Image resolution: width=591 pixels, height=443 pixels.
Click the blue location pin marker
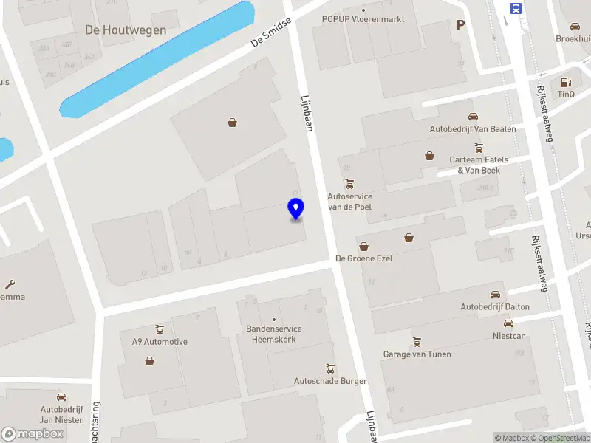pos(295,209)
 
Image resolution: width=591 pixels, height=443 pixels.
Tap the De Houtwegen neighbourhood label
pos(126,30)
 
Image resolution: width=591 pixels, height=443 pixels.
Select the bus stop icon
pos(516,8)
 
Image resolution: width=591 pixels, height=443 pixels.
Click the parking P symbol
pos(461,24)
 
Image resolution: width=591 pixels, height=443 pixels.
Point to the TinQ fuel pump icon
pos(567,82)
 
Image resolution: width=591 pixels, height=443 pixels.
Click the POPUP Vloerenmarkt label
pos(363,18)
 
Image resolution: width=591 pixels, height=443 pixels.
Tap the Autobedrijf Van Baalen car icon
pos(473,117)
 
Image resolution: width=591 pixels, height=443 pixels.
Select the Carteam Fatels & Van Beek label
pos(479,165)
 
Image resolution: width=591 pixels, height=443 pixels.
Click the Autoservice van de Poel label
pos(349,202)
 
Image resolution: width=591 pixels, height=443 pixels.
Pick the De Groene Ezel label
pos(363,258)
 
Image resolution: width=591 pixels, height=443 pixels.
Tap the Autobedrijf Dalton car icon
pos(495,295)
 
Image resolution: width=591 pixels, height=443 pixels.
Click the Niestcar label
pos(508,335)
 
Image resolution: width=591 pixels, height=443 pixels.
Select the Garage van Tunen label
pos(417,354)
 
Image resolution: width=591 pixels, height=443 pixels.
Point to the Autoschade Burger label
pos(330,381)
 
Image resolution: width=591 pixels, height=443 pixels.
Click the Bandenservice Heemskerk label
pos(274,334)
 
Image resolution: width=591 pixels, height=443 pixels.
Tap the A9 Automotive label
pos(160,342)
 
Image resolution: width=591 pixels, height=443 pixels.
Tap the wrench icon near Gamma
pos(10,284)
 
